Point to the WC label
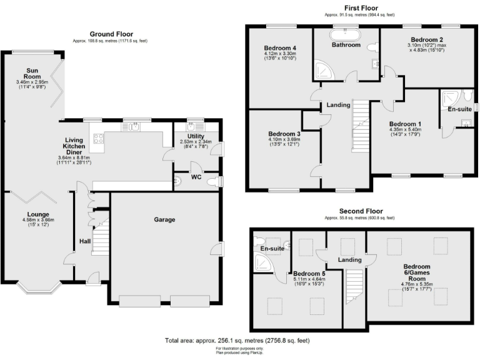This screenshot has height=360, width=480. coord(197,176)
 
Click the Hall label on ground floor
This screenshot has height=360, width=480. coord(84,241)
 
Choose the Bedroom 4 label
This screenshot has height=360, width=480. coord(279,48)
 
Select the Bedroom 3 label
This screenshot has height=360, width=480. coord(284,134)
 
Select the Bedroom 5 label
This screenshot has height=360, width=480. coord(309,274)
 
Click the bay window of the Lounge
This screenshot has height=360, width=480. coord(39,287)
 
